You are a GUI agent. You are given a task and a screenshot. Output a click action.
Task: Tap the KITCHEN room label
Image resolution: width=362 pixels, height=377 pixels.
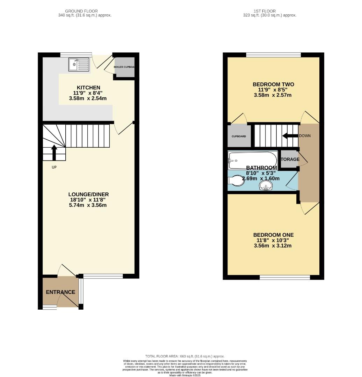88,87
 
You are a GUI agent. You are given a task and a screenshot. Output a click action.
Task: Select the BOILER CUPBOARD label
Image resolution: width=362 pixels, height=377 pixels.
125,67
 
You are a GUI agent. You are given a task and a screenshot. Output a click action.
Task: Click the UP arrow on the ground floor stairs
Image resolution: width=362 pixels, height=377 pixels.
54,153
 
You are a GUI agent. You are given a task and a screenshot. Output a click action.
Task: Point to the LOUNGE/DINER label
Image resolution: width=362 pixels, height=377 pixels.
88,194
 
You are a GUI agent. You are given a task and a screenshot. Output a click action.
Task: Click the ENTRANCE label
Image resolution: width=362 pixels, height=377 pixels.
60,292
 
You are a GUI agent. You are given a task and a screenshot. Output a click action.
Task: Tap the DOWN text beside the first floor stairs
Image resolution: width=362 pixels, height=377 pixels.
305,136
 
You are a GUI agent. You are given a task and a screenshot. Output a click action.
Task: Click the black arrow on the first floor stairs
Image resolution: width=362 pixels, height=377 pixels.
290,136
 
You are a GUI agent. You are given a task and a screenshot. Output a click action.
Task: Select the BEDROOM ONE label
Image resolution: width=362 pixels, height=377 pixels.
273,235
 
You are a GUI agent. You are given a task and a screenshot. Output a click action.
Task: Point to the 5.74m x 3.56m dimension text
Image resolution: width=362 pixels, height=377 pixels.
88,205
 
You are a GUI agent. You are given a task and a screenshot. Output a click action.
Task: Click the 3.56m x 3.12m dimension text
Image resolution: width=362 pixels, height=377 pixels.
273,246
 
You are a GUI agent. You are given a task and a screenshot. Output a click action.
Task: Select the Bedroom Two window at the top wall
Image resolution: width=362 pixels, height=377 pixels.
273,55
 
